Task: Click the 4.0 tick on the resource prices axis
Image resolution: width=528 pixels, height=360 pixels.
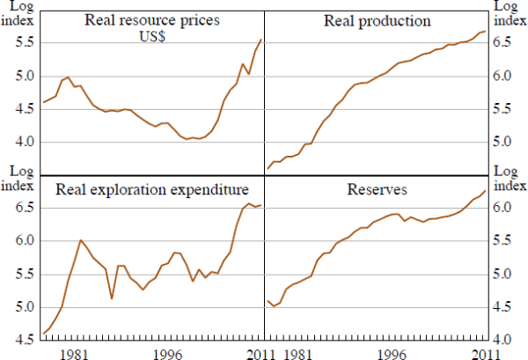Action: point(21,142)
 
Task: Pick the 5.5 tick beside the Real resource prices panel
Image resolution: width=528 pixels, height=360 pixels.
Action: point(21,44)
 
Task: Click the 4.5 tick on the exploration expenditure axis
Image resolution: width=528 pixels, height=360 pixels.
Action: point(21,340)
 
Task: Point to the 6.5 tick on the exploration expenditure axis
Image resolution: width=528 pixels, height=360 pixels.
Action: point(21,209)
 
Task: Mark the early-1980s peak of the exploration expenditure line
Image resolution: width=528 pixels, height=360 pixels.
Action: point(81,240)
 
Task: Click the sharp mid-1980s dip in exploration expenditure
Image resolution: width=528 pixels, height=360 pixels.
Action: point(112,299)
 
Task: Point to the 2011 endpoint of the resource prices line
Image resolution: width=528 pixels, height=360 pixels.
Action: point(261,39)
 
